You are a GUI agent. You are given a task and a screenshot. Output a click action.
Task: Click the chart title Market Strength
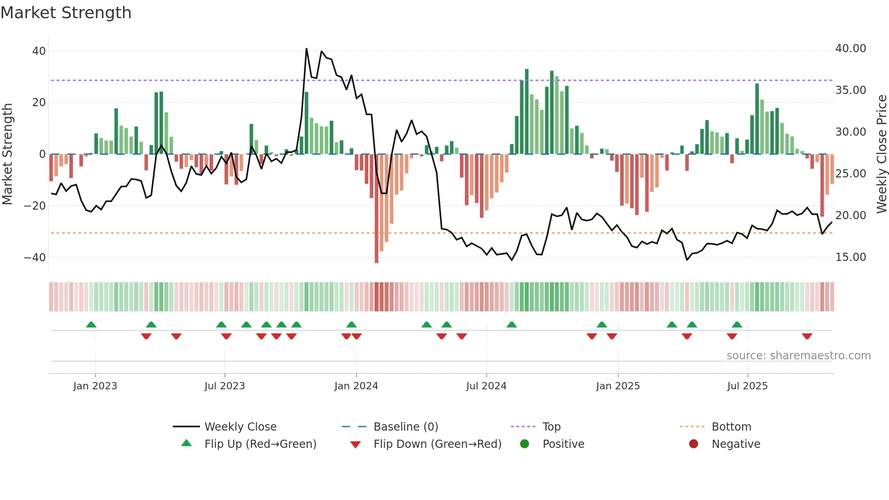tap(66, 13)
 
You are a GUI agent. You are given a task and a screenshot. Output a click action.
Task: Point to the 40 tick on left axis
tap(39, 51)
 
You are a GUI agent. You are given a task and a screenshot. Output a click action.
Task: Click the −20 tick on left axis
tap(35, 206)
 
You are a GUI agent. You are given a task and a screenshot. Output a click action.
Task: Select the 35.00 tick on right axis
tap(850, 90)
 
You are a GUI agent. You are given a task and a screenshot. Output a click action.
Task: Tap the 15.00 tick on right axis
tap(850, 257)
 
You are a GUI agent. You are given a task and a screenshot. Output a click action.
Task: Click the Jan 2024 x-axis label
tap(356, 386)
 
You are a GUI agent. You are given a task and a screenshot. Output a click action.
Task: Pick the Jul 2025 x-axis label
tap(747, 386)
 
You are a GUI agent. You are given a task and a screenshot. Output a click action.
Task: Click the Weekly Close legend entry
tap(240, 427)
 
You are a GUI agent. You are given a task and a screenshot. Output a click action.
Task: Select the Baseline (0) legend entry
tap(405, 427)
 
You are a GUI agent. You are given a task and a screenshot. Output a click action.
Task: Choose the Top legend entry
tap(552, 427)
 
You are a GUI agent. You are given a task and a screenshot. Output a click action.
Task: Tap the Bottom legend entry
tap(731, 427)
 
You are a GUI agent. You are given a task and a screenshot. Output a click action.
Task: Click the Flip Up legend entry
tap(260, 444)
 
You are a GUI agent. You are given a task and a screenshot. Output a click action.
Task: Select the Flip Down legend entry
tap(437, 444)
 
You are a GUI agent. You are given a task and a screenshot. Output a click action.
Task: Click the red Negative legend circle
tap(694, 444)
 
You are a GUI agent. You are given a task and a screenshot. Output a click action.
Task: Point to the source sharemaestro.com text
tap(798, 356)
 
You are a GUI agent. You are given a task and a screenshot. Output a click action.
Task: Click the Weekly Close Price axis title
tap(881, 154)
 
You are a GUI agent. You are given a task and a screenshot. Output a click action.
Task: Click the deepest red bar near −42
tap(376, 209)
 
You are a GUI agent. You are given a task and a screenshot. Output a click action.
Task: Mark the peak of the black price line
tap(307, 49)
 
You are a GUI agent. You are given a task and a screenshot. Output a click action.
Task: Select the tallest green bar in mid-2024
tap(527, 111)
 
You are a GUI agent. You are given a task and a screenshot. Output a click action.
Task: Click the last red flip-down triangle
tap(807, 336)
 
